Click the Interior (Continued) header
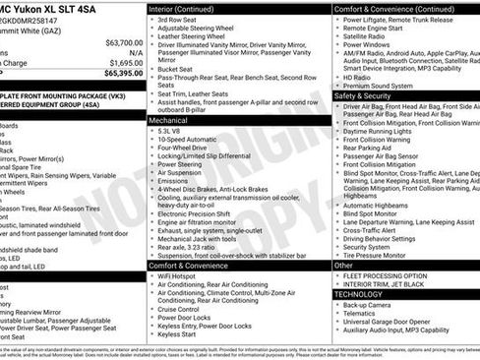pyautogui.click(x=189, y=9)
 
